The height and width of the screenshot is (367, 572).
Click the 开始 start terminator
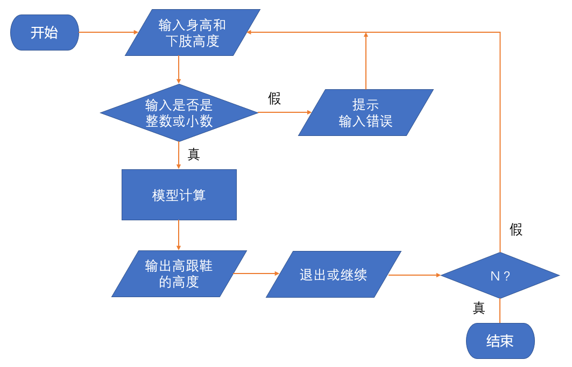[45, 32]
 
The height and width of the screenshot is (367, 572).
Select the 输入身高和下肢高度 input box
[192, 32]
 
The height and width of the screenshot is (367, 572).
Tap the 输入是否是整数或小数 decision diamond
[179, 113]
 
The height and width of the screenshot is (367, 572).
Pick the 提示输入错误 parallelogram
[365, 113]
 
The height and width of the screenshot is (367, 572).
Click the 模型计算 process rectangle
[179, 195]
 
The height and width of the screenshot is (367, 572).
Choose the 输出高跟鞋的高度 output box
[179, 274]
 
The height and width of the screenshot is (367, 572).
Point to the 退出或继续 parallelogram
[334, 275]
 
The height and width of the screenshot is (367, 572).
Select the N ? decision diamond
[500, 276]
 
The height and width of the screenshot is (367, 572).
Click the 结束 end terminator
[500, 341]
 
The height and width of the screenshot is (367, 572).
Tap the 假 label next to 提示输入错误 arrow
[274, 99]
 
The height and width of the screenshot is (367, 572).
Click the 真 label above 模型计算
[193, 155]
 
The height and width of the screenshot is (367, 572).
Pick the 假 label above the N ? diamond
[515, 230]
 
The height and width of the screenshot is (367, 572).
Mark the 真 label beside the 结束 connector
[478, 308]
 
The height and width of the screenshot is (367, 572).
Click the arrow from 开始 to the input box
[108, 32]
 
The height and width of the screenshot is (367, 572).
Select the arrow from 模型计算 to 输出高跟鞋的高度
[179, 235]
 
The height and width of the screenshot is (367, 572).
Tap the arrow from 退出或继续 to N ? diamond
[414, 275]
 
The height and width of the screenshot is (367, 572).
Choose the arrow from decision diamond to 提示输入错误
[285, 112]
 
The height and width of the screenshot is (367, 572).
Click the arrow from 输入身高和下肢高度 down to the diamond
[179, 70]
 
